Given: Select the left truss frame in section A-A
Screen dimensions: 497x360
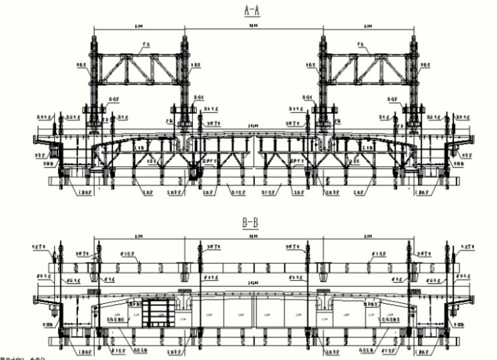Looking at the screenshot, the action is (137, 69).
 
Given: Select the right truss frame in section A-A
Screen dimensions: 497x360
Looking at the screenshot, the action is (368, 69).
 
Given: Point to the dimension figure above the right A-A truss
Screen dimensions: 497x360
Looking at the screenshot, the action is (368, 26).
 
